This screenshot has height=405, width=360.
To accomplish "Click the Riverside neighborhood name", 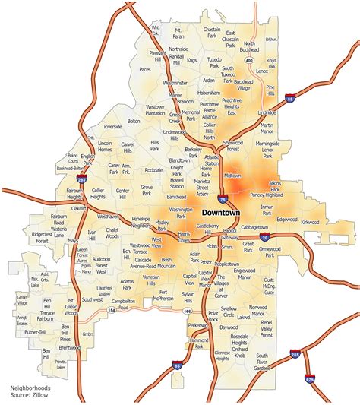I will point(112,127).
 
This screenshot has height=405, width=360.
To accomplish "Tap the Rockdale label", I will point(153,169).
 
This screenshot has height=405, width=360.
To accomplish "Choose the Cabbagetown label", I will point(254,227).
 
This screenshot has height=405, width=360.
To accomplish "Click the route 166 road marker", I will point(187,312).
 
